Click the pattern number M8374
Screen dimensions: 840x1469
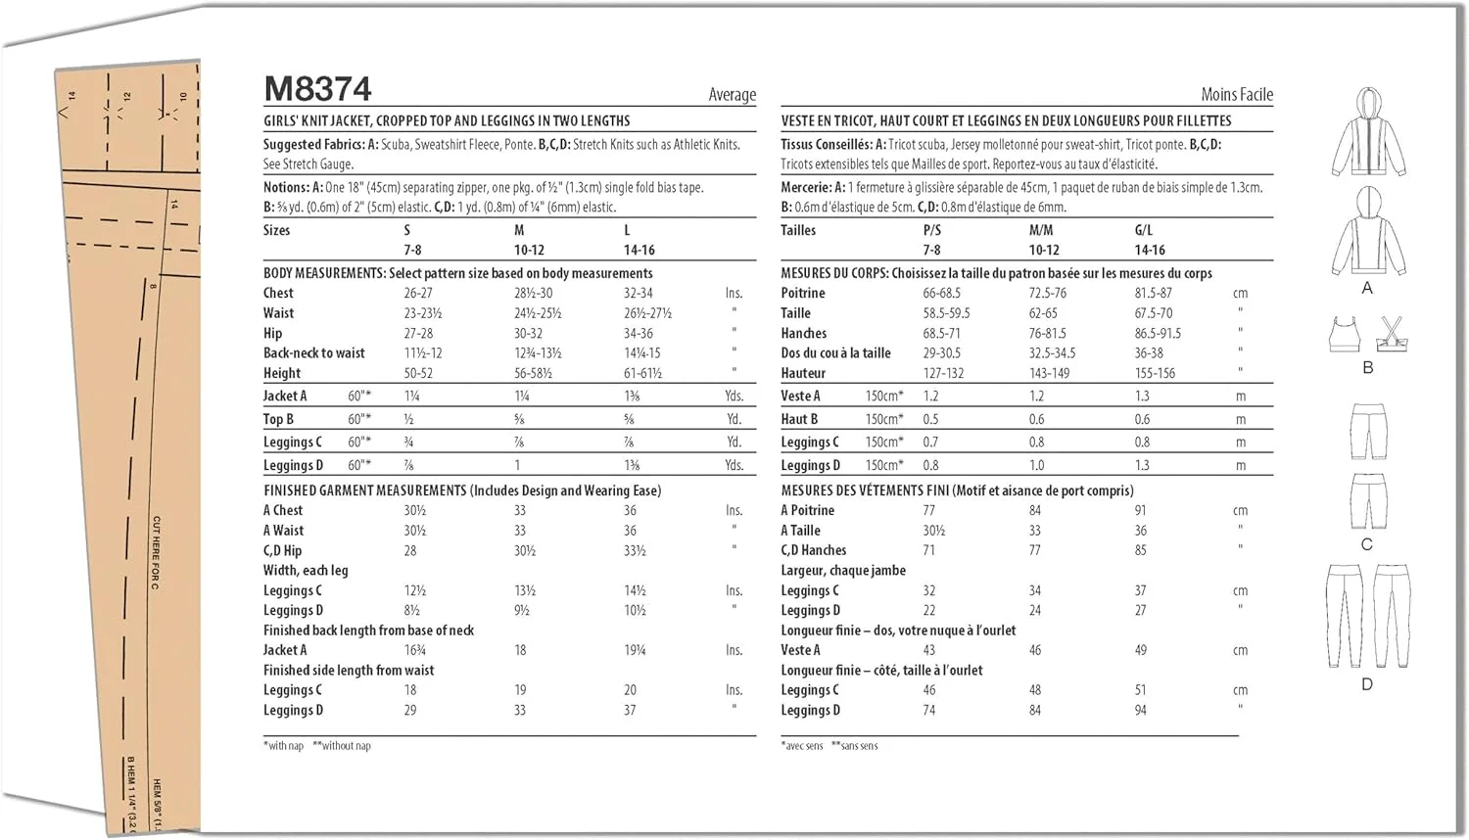point(317,89)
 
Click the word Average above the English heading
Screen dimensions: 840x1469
point(732,94)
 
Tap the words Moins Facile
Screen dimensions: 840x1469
point(1236,94)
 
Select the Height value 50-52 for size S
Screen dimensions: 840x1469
point(418,373)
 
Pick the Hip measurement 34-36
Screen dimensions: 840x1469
point(638,333)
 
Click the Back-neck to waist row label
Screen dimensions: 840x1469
point(313,352)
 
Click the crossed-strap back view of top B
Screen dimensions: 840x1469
point(1391,334)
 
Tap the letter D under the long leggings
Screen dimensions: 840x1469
point(1367,684)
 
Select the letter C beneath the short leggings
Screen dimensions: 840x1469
point(1366,544)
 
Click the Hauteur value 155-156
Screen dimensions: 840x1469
point(1155,373)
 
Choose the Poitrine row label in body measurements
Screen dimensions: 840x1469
point(803,293)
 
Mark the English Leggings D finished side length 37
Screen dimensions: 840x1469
point(630,710)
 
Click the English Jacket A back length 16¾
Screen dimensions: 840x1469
point(414,650)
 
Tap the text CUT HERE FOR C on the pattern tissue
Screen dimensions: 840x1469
point(156,553)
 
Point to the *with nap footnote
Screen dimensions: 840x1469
point(283,746)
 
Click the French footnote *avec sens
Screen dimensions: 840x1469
point(802,746)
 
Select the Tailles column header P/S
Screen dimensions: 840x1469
point(931,230)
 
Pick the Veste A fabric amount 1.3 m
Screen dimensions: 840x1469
point(1142,396)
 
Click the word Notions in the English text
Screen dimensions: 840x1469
point(285,187)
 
